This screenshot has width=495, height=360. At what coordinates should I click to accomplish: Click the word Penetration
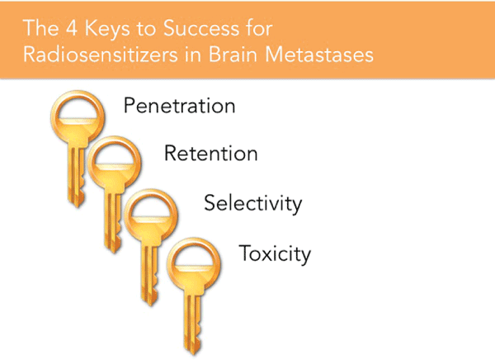tap(179, 106)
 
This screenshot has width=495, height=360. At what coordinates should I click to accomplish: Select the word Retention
tap(211, 154)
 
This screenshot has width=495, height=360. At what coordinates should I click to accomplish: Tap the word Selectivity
tap(253, 203)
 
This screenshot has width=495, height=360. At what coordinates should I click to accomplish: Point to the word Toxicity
tap(275, 253)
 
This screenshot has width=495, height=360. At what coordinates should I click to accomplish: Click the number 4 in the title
tap(72, 28)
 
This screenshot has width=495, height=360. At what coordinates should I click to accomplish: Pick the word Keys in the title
tap(107, 30)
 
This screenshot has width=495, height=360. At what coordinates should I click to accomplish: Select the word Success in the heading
tap(201, 28)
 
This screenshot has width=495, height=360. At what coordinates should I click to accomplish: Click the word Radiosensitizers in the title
tap(101, 54)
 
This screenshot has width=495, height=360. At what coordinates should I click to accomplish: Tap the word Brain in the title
tap(233, 54)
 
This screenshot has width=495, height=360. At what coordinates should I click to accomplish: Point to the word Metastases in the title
tap(319, 54)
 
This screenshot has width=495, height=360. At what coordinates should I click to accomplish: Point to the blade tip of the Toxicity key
tap(193, 354)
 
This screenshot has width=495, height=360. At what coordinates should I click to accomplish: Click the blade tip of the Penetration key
tap(78, 206)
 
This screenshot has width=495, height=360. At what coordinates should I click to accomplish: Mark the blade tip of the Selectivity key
tap(150, 305)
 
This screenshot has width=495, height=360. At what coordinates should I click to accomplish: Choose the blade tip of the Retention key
tap(114, 252)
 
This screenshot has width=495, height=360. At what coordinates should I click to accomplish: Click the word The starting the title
tap(40, 28)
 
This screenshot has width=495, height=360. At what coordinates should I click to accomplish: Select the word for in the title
tap(259, 28)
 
